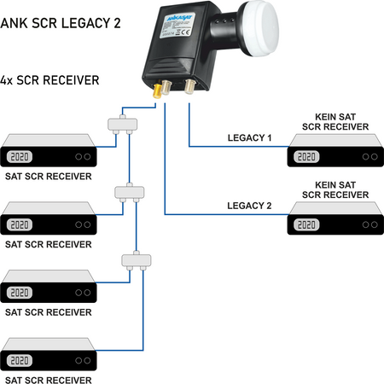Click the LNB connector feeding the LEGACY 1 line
[184, 88]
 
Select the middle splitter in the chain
[127, 191]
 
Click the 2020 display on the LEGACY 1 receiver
[308, 157]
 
